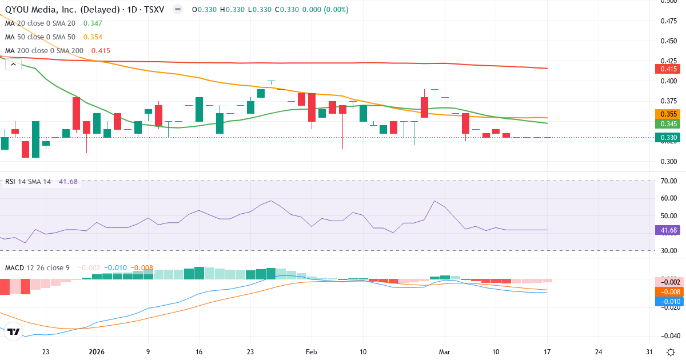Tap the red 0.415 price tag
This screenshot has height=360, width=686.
[667, 69]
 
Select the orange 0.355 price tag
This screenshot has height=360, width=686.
[667, 114]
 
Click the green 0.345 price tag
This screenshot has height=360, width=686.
[667, 124]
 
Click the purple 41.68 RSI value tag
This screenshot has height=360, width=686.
[667, 230]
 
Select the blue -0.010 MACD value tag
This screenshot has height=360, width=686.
[667, 301]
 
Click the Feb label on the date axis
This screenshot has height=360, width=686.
[311, 352]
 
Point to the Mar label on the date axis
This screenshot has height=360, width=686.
[444, 352]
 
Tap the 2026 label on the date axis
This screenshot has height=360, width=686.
[96, 352]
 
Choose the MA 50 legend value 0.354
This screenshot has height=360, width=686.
[93, 37]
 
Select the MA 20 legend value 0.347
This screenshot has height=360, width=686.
[93, 23]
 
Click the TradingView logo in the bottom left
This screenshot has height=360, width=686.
[14, 331]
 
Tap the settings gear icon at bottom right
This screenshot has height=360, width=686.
[670, 352]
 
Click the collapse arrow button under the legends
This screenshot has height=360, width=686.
[13, 65]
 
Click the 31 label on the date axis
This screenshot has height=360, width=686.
[648, 352]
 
